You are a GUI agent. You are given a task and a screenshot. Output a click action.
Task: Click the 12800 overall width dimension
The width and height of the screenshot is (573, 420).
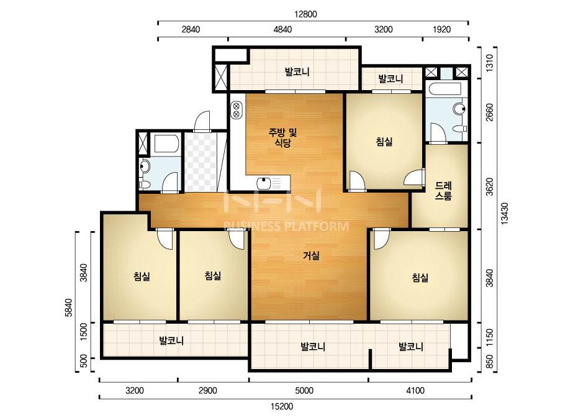[305, 14]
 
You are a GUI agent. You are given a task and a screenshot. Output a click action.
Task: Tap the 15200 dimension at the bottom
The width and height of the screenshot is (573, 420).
[282, 406]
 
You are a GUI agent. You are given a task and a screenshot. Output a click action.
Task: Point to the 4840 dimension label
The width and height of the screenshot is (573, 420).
[283, 29]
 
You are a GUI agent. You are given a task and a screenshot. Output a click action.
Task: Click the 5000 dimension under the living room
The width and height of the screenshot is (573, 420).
[304, 391]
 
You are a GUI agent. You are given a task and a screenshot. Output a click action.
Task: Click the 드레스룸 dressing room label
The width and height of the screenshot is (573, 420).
[443, 191]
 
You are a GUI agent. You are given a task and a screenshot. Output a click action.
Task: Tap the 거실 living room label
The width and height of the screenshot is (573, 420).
[312, 256]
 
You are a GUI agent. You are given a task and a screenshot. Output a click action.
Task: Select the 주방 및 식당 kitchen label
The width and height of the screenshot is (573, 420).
[283, 137]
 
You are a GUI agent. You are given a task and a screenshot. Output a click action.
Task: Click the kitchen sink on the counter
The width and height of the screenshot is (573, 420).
[269, 183]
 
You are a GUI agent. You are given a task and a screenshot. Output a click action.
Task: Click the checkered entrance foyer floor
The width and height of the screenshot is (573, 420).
[201, 162]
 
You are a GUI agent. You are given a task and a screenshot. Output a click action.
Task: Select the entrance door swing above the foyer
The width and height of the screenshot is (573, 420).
[202, 121]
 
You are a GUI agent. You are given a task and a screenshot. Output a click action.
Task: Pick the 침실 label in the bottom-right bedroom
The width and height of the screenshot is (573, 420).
[420, 278]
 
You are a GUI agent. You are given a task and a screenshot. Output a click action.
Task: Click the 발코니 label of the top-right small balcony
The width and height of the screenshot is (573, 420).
[390, 79]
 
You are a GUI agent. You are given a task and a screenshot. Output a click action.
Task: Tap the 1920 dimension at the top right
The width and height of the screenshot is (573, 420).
[441, 29]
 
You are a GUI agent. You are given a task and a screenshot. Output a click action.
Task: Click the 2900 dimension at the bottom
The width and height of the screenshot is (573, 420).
[207, 391]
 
